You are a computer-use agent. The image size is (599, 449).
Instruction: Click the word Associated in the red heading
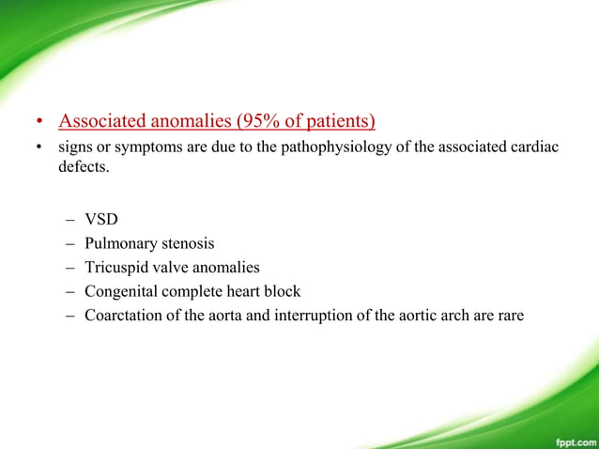click(100, 121)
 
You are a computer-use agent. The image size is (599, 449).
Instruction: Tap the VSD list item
click(101, 220)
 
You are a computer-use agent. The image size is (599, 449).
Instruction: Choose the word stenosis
click(186, 243)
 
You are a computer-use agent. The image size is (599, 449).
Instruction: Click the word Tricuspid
click(115, 267)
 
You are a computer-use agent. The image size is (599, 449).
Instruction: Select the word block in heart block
click(283, 291)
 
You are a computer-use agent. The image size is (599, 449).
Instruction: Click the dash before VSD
click(71, 220)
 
